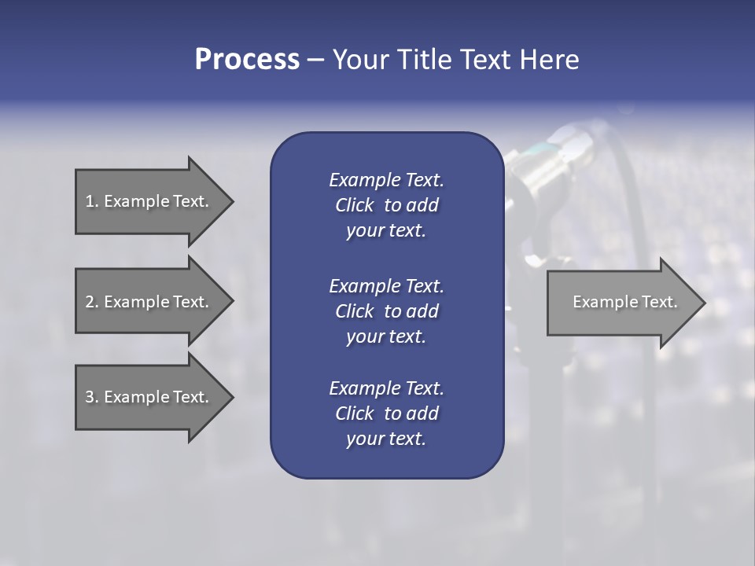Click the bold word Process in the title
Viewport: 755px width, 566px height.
point(247,60)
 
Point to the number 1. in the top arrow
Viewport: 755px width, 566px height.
point(91,201)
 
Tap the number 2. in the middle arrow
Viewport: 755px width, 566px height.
point(91,302)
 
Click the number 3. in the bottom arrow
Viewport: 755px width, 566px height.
point(91,397)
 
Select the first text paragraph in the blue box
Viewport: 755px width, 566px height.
point(386,205)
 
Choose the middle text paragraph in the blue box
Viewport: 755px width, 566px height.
point(386,311)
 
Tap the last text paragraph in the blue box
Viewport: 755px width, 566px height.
point(386,413)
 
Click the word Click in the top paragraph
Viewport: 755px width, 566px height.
point(355,205)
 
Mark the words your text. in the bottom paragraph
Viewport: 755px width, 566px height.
point(386,439)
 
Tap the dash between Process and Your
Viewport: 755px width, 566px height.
point(315,60)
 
